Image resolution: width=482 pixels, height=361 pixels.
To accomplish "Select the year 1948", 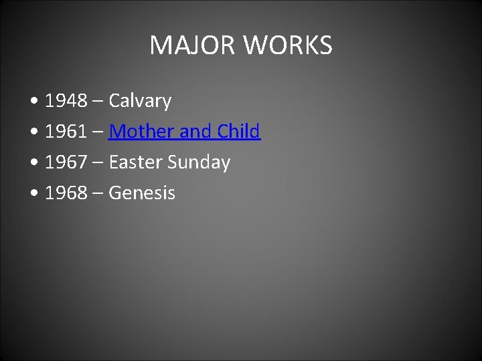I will pos(66,101).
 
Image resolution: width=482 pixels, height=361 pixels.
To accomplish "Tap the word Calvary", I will pos(140,101).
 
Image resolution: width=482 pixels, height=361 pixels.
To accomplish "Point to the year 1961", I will pos(66,132).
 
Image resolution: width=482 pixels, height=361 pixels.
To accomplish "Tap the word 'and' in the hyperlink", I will pos(195,132).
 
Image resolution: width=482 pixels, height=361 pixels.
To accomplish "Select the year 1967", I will pos(66,162).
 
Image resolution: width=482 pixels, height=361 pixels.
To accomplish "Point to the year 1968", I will pos(66,193).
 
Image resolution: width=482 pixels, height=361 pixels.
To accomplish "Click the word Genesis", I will pos(142,193).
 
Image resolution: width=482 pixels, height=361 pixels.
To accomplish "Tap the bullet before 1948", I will pos(34,102).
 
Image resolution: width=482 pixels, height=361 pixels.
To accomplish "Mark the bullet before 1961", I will pos(34,133).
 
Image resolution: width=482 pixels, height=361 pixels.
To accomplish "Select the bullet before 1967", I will pos(34,164).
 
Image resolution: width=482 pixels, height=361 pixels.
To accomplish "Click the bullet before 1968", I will pos(34,195).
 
